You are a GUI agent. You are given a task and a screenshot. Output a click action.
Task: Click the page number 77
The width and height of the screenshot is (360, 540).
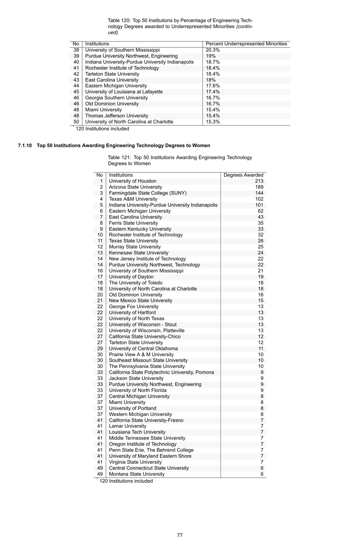pos(180,535)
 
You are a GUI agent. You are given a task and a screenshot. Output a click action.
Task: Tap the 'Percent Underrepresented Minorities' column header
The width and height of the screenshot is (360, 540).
pos(246,44)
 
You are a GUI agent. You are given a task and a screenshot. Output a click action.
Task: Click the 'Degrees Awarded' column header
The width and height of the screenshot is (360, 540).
pos(243,175)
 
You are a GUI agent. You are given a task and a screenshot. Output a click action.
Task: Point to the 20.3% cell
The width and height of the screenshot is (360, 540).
pos(213,50)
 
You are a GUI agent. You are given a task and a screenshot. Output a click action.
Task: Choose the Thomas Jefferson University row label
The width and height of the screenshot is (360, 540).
pos(116,116)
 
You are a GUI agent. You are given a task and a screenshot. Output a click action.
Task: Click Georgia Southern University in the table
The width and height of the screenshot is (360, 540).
pos(116,98)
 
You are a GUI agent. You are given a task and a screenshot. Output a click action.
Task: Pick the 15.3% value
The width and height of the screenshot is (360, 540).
pos(213,122)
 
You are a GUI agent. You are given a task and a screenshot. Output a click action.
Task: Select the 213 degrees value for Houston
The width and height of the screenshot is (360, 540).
pos(259,181)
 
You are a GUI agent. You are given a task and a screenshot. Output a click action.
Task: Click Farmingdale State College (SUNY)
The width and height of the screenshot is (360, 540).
pos(147,193)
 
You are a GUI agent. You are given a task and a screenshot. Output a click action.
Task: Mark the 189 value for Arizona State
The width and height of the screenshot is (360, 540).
pos(259,187)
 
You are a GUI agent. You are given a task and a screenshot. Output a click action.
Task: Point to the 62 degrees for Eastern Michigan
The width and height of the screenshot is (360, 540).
pos(260,211)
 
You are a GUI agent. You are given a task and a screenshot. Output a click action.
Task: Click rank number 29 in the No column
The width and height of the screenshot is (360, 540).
pos(100,349)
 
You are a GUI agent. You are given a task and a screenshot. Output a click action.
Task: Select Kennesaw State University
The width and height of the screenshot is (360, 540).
pos(139,253)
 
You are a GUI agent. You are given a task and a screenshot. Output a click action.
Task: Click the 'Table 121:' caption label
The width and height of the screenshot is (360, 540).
pos(119,158)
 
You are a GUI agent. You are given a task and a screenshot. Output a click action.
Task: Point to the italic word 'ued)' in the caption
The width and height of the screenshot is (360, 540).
pos(113,33)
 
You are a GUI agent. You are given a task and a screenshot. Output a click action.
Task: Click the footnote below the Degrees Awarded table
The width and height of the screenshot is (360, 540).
pos(126,481)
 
